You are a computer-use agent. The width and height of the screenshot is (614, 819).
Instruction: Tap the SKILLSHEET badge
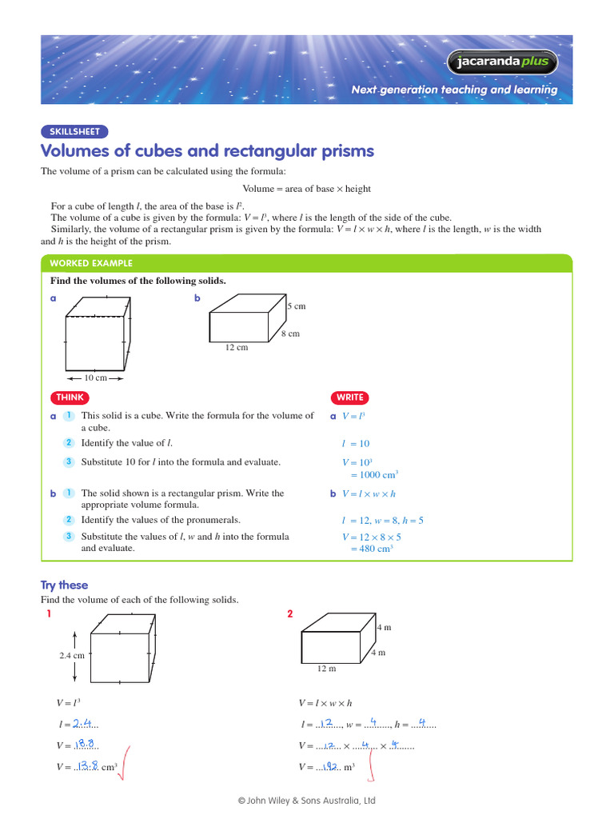[x=74, y=132]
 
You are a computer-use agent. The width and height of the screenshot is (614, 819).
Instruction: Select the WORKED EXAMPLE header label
[x=91, y=263]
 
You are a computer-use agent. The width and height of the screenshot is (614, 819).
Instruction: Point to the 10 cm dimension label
[x=95, y=378]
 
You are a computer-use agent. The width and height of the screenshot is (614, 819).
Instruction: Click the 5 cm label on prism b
[x=297, y=306]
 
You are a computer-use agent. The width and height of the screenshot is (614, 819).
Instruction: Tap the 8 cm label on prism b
[x=290, y=334]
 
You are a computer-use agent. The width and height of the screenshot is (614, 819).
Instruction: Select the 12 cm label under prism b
[x=237, y=347]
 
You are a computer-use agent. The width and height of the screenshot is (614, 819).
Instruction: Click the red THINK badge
[x=70, y=398]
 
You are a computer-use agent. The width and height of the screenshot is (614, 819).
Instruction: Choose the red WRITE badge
[x=350, y=398]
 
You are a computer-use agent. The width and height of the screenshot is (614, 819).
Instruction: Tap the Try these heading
[x=64, y=585]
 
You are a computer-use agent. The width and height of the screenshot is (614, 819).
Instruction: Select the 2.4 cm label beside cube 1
[x=71, y=655]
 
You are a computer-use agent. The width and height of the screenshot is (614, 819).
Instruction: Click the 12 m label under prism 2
[x=326, y=668]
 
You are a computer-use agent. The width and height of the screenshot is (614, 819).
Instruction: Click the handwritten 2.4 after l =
[x=83, y=724]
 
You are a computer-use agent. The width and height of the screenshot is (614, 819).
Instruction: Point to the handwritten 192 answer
[x=327, y=766]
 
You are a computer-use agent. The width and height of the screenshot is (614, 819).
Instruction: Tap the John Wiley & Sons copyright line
[x=306, y=800]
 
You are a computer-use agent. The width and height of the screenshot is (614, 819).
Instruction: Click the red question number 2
[x=290, y=613]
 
